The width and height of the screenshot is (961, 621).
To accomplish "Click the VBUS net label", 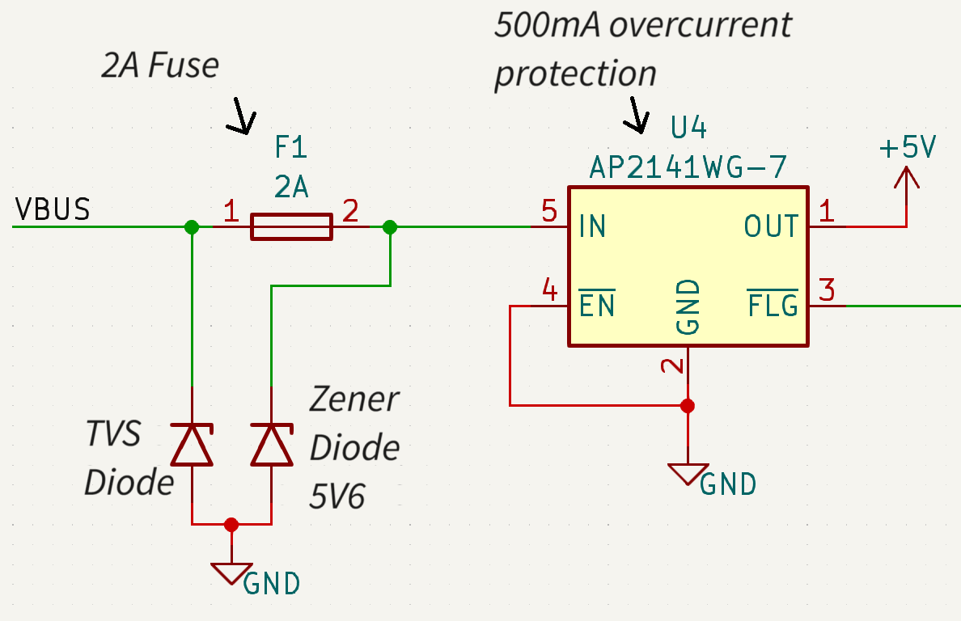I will [x=53, y=209].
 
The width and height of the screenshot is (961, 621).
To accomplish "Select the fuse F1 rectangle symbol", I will [x=291, y=227].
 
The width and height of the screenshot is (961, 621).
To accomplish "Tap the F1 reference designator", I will [x=291, y=148].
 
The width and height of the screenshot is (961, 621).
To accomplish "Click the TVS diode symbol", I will [x=192, y=445].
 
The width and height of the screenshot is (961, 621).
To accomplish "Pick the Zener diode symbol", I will [x=271, y=445].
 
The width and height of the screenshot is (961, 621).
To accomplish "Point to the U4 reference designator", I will [x=689, y=129].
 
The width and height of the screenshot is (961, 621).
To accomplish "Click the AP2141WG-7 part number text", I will [x=688, y=167].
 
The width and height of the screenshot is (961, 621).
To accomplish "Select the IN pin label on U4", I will [x=593, y=226].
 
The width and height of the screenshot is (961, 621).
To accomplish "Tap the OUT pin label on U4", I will [x=771, y=226].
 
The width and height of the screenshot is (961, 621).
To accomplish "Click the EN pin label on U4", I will [x=597, y=306].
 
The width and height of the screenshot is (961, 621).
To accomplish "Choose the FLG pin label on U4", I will [x=773, y=306].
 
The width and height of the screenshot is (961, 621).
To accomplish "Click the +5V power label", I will [x=907, y=149].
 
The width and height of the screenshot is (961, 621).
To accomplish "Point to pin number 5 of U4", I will [x=549, y=213].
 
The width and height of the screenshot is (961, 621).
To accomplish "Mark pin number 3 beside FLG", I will [x=826, y=289].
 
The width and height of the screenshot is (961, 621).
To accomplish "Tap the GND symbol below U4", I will [x=687, y=474].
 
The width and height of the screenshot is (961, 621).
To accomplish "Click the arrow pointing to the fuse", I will [x=240, y=116].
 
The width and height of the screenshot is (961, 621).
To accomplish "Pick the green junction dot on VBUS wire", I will [x=192, y=227].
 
